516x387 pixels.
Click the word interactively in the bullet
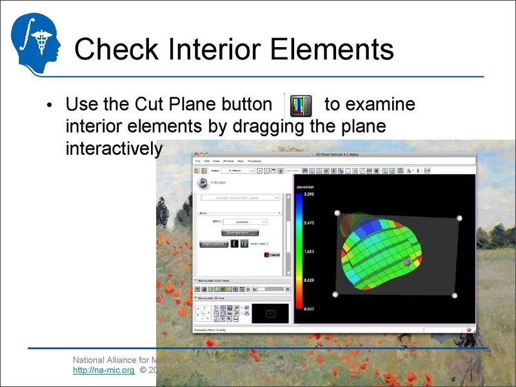point(114,149)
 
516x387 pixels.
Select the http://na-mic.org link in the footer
point(103,372)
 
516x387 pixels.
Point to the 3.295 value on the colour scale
point(303,194)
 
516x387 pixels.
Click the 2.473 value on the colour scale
point(303,222)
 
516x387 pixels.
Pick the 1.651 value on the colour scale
point(303,251)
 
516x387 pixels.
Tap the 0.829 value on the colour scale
point(303,280)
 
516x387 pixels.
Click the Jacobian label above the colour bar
point(304,187)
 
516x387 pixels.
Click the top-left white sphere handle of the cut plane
point(335,212)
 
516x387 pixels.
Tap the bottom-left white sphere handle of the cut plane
point(335,295)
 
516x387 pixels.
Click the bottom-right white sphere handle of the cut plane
point(454,295)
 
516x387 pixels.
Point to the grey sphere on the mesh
point(407,262)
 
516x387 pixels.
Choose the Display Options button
point(213,244)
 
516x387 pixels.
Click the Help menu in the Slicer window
point(240,160)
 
